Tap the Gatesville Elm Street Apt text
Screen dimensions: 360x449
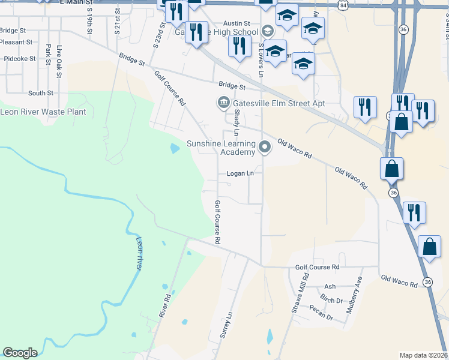click(279, 103)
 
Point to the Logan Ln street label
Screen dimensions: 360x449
click(241, 174)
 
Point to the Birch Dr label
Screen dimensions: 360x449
click(331, 300)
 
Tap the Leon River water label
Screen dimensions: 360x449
click(139, 254)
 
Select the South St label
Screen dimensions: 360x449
click(41, 93)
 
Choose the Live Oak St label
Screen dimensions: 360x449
click(59, 61)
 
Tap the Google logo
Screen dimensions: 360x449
click(20, 353)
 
